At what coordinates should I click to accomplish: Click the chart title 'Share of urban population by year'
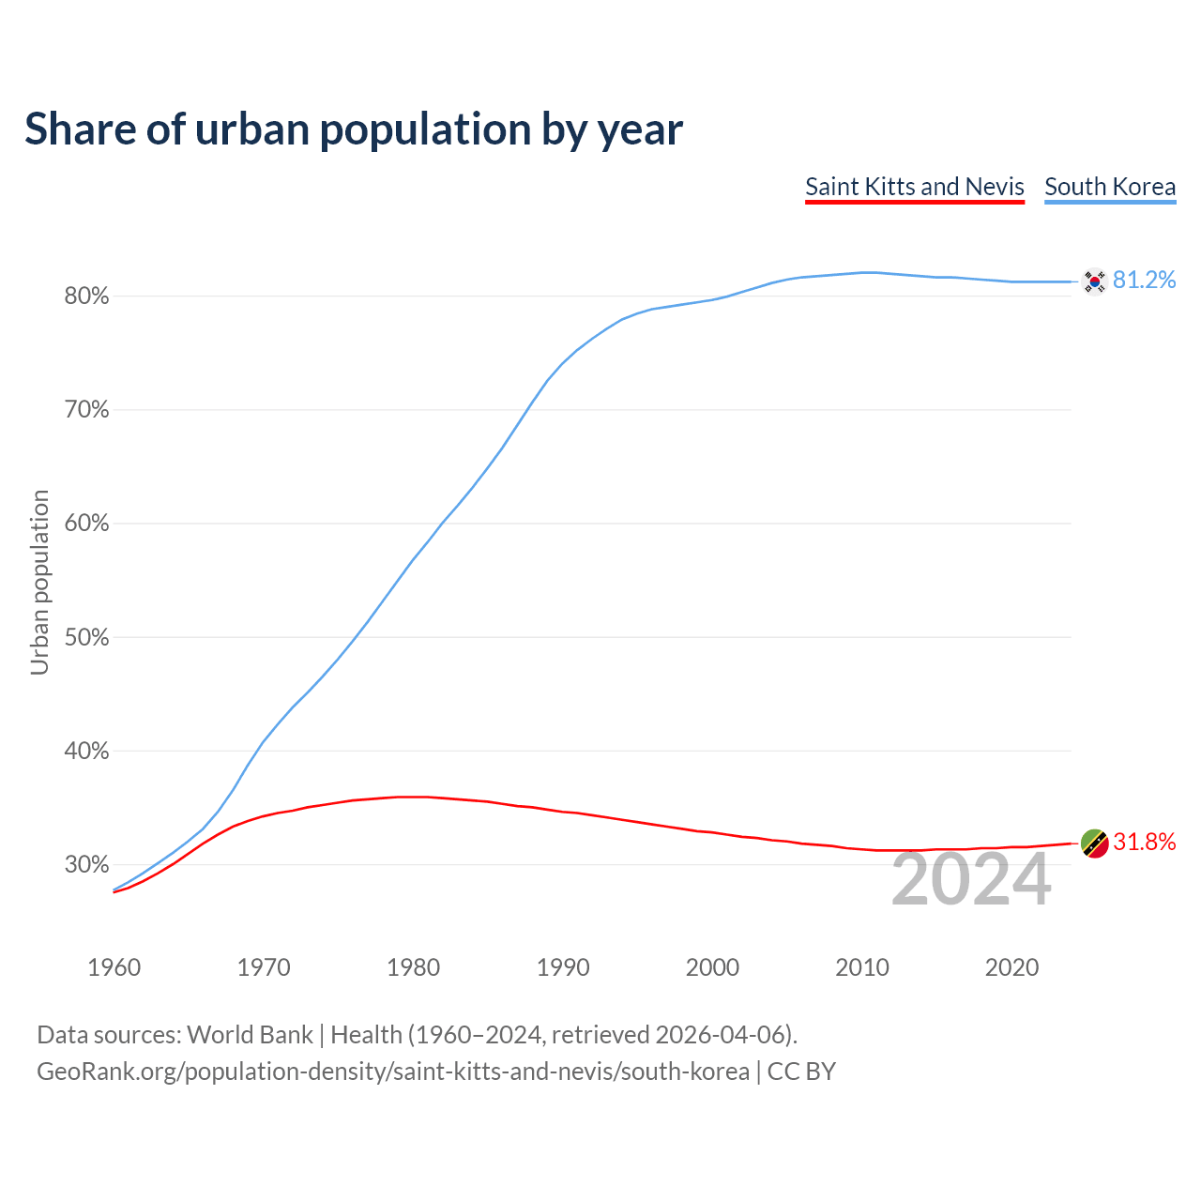point(354,129)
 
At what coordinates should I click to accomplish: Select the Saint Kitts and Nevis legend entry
point(915,187)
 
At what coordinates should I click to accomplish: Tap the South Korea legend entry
point(1110,187)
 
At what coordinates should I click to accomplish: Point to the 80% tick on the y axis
point(86,296)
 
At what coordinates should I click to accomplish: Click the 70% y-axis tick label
point(86,410)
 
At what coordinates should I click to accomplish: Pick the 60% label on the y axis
point(86,524)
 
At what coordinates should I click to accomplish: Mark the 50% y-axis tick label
point(86,638)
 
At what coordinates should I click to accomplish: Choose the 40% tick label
point(86,752)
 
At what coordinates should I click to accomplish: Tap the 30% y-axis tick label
point(86,865)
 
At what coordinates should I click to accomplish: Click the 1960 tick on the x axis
point(114,967)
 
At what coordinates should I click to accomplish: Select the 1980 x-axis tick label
point(414,967)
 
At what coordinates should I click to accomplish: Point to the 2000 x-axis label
point(713,967)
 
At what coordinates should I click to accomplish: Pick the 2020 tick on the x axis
point(1011,967)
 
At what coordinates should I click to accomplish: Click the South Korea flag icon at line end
point(1094,281)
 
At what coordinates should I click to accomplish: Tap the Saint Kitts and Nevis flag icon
point(1094,843)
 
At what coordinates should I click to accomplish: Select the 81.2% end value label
point(1145,281)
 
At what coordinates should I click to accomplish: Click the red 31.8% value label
point(1145,843)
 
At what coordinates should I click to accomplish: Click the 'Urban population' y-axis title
point(39,582)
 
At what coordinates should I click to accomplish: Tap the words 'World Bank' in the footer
point(250,1035)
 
